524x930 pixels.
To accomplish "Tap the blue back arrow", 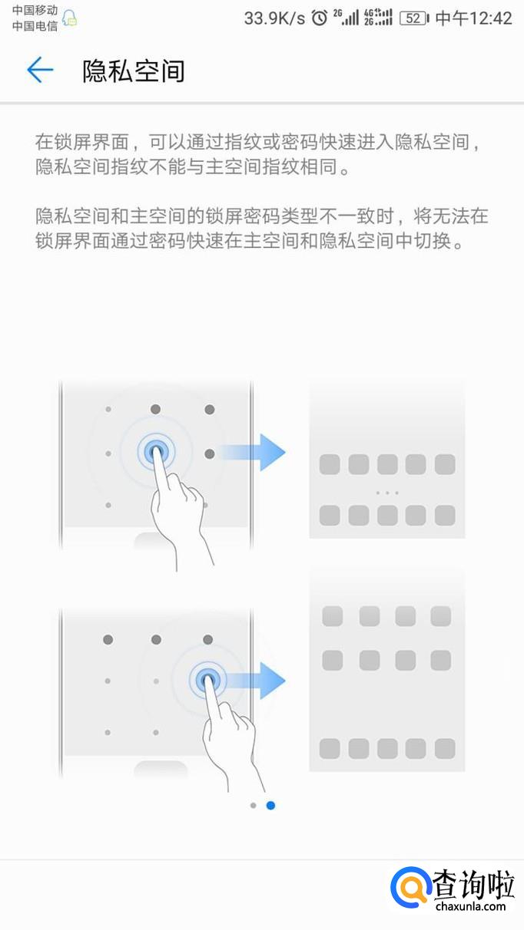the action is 40,70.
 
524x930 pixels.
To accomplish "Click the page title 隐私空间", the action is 134,71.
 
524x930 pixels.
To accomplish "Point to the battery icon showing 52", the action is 414,18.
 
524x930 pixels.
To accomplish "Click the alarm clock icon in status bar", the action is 320,18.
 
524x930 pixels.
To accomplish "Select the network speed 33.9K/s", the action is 274,18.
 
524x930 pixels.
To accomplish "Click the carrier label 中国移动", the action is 35,10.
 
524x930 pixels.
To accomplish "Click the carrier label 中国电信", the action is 35,26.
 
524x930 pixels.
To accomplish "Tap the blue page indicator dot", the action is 270,806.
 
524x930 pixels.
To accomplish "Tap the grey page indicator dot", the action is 254,806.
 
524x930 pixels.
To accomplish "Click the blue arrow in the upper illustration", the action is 253,453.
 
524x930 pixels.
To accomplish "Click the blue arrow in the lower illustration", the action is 254,681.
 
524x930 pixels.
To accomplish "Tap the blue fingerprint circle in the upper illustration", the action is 157,452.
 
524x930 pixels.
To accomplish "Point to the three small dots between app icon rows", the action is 387,493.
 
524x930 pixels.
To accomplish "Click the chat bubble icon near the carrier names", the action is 69,18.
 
